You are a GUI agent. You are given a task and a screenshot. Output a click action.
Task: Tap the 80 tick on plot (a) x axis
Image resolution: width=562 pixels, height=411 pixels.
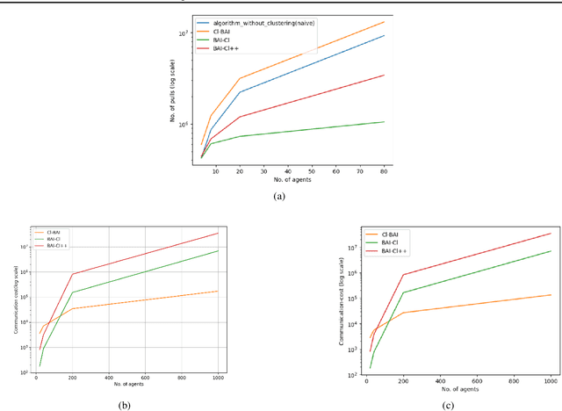384,171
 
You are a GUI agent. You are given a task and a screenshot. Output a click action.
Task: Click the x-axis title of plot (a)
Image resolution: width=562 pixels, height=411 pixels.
287,179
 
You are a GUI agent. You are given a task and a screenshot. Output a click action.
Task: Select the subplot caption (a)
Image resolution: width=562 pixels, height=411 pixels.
280,198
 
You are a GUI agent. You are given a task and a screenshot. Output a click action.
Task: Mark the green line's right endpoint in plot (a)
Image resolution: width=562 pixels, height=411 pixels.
384,121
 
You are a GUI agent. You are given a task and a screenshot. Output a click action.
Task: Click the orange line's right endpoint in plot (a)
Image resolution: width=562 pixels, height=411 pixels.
384,22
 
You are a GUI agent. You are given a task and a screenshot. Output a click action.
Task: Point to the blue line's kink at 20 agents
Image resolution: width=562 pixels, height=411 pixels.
239,92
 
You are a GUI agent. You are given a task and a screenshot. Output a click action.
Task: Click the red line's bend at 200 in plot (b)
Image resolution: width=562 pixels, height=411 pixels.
73,274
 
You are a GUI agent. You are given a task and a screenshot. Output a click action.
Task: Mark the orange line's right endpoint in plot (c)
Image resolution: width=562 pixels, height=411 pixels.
551,295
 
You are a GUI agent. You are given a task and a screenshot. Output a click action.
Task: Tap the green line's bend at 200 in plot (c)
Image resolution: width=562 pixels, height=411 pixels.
403,292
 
